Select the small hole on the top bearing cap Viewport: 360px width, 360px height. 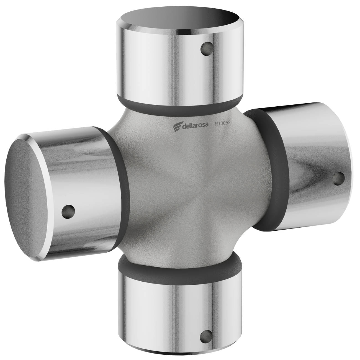(207, 49)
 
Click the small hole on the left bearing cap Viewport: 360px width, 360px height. (68, 212)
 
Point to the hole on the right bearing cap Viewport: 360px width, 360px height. (339, 179)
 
